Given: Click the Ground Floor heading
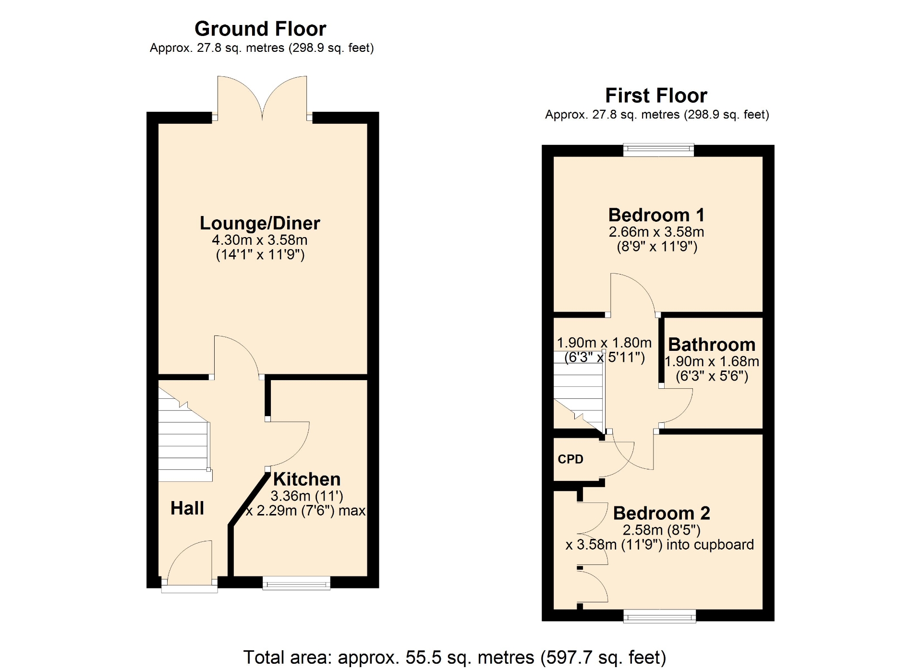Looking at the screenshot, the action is click(260, 29).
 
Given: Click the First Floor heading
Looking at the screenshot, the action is click(656, 96).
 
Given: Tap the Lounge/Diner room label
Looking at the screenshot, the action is click(260, 223).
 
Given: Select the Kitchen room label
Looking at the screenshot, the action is click(307, 479).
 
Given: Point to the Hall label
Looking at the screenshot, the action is click(187, 508).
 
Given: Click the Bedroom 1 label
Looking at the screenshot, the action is click(656, 215).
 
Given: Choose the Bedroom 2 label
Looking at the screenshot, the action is click(661, 513).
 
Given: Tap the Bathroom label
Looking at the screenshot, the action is click(712, 345).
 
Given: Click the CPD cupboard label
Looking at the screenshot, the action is click(570, 459).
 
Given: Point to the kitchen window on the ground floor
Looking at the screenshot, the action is click(296, 583).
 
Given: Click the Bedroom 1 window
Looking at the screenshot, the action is click(658, 150).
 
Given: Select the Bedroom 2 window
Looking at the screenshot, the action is click(659, 616).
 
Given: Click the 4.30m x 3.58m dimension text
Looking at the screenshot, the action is click(260, 240).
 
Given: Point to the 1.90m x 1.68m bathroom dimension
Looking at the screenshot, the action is click(712, 361).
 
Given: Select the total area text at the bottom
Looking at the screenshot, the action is click(455, 657).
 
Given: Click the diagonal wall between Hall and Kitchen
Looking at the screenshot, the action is click(249, 499).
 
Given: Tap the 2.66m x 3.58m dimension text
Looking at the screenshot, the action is click(656, 232).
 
